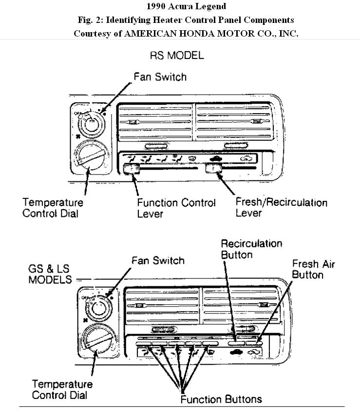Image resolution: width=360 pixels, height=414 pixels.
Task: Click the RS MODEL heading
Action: [x=180, y=56]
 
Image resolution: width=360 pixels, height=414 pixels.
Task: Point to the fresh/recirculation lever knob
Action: [x=213, y=169]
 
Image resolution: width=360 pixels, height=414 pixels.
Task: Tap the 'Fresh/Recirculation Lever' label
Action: [x=281, y=207]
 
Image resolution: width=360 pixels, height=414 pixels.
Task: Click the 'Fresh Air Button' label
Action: [x=313, y=269]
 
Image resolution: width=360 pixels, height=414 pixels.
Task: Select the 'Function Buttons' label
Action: [x=221, y=399]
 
